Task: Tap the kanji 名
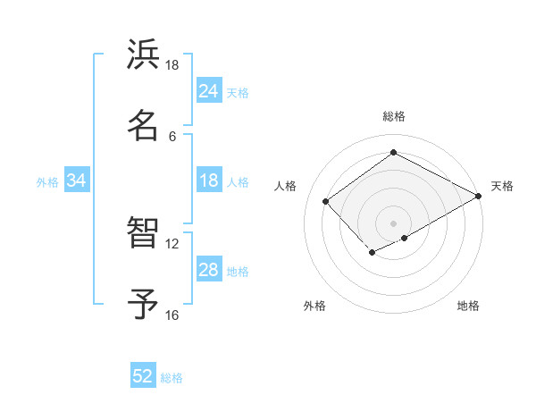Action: click(143, 125)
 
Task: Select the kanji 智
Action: click(143, 233)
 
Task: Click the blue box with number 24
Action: click(209, 91)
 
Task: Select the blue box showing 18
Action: click(209, 181)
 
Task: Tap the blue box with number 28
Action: click(209, 270)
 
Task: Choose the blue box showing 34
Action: click(77, 181)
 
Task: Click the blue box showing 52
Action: click(143, 376)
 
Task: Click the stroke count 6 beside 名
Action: click(172, 136)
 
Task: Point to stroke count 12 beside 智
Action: click(172, 243)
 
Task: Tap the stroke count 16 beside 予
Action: click(172, 315)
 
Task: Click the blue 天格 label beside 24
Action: click(238, 92)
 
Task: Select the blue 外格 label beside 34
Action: click(47, 181)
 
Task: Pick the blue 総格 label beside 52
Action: click(172, 377)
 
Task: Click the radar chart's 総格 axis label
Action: click(393, 116)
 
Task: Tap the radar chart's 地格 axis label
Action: click(468, 306)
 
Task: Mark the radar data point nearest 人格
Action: click(326, 202)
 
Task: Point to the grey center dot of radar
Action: click(393, 223)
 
